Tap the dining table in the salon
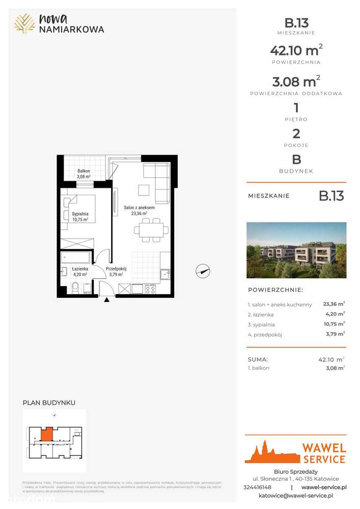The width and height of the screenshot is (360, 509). click(151, 229)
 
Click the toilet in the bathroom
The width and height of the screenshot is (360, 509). click(75, 289)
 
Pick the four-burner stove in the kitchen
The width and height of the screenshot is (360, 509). click(151, 289)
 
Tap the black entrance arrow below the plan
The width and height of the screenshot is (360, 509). click(106, 300)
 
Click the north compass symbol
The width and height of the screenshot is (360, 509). click(203, 271)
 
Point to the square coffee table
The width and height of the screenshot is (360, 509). click(144, 190)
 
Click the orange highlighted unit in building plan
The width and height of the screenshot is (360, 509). click(46, 434)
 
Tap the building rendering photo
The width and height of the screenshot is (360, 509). click(296, 250)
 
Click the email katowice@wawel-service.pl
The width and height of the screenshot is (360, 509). click(296, 495)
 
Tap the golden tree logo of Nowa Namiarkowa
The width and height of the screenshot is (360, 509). click(24, 23)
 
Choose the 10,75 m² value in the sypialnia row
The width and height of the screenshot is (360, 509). click(334, 324)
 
